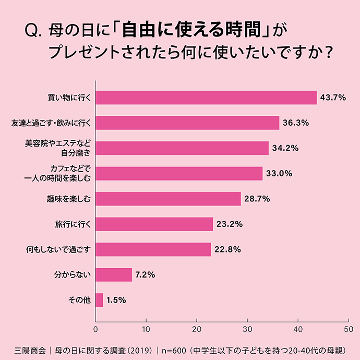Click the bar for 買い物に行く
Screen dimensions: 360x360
[x=206, y=98]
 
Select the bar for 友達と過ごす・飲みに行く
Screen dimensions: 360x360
[x=187, y=123]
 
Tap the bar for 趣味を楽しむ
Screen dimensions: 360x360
[x=168, y=199]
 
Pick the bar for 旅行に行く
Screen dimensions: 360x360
[x=154, y=224]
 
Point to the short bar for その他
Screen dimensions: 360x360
[x=99, y=300]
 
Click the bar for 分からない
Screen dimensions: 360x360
[x=114, y=274]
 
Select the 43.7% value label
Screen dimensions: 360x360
[x=333, y=98]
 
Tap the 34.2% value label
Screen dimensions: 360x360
[x=285, y=148]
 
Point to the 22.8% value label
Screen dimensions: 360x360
[x=227, y=249]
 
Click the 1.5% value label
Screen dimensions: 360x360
[x=116, y=300]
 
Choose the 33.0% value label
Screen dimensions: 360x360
[x=279, y=174]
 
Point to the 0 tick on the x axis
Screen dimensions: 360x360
[x=95, y=329]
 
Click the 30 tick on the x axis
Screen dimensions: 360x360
[x=247, y=329]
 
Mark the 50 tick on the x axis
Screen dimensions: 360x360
[x=349, y=329]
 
